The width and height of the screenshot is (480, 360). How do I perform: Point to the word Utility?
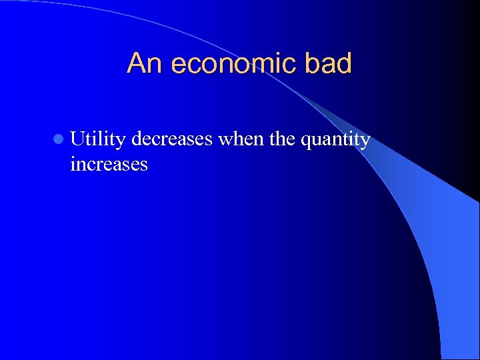98,140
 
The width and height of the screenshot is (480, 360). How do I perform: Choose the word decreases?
172,139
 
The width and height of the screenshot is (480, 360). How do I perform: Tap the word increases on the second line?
109,164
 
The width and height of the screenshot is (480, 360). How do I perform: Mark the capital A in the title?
136,64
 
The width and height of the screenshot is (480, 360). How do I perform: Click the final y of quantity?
365,142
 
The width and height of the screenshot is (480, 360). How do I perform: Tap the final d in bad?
343,64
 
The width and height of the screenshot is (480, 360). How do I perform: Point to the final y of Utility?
121,142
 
